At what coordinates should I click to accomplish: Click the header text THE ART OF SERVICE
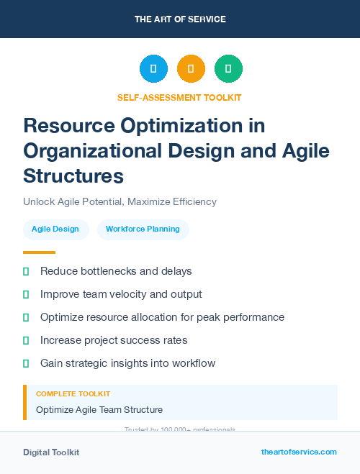tap(180, 19)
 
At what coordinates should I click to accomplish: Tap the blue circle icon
tap(153, 69)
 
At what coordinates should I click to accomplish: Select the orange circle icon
tap(191, 69)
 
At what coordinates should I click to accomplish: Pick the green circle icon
tap(228, 69)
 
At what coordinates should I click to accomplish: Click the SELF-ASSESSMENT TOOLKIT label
tap(179, 97)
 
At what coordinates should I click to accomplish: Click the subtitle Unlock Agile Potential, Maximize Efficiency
tap(120, 201)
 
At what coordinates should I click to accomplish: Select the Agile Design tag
tap(56, 229)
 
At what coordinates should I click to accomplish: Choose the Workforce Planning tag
tap(143, 229)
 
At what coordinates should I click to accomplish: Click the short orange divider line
tap(39, 252)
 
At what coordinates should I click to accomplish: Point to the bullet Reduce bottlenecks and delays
tap(116, 271)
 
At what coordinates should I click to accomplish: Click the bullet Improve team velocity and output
tap(121, 294)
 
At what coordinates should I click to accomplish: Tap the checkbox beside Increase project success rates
tap(26, 340)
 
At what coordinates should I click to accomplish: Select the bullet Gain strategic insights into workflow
tap(127, 363)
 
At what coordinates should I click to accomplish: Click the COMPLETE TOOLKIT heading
tap(73, 394)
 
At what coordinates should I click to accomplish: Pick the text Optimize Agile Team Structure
tap(99, 410)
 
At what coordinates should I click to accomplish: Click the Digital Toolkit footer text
tap(51, 452)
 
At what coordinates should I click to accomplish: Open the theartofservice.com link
tap(299, 452)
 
